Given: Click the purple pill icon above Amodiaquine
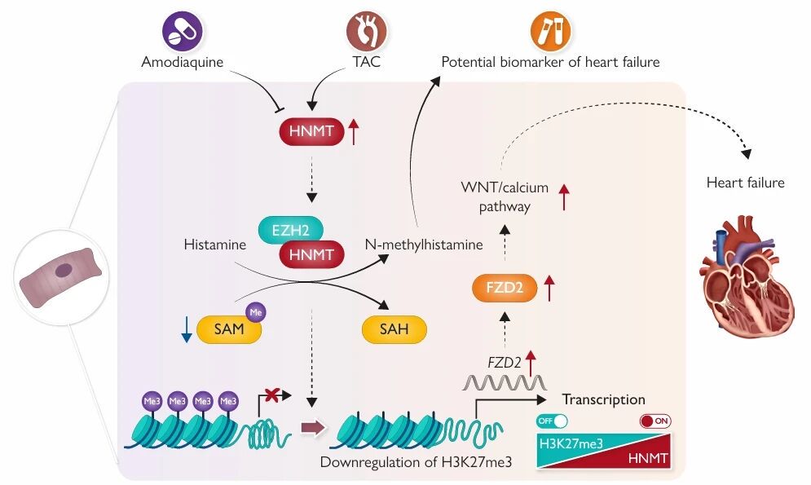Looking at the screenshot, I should point(182,32).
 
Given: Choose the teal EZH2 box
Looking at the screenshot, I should point(289,231).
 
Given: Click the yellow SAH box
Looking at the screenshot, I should point(394,330).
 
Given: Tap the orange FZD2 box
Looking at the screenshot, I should point(504,289).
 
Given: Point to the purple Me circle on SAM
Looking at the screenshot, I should point(255,311).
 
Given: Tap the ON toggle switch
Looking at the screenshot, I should point(655,422).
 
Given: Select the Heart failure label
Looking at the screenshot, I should point(745,183).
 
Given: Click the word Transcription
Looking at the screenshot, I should point(604,399).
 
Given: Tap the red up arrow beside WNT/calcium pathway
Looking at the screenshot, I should point(563,198).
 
